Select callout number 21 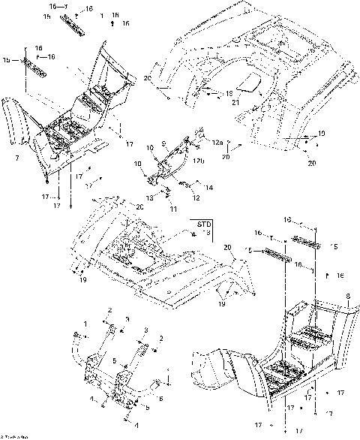235,102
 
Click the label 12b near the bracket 200,160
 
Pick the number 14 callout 209,186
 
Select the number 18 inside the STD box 208,234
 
